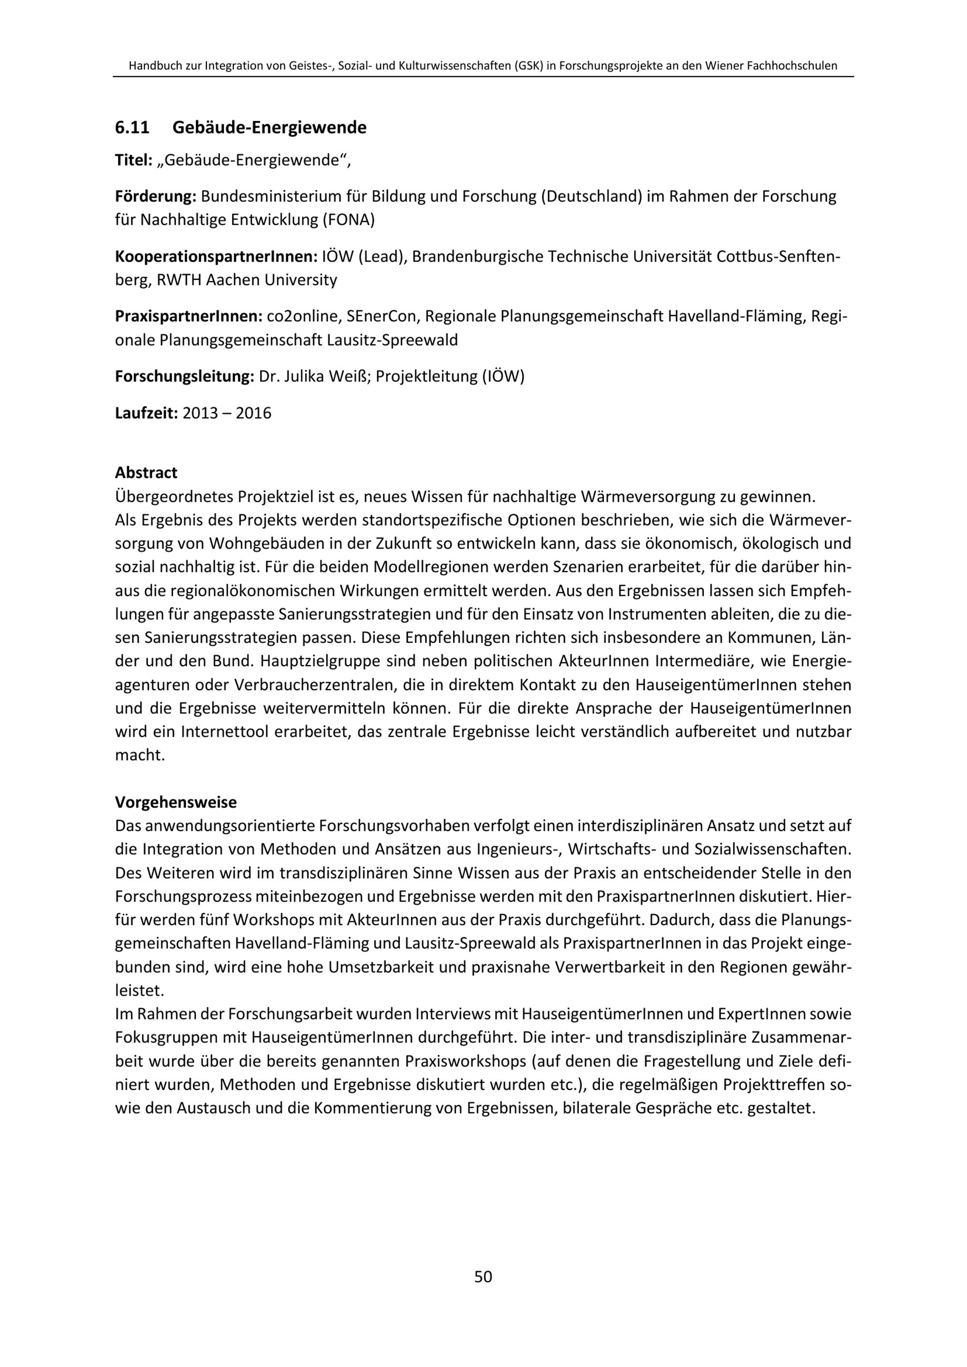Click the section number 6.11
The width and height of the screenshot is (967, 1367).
pos(132,128)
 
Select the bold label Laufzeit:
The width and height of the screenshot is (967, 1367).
pos(147,413)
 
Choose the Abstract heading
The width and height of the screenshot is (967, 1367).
pos(146,473)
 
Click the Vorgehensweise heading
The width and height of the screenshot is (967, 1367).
pos(176,802)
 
